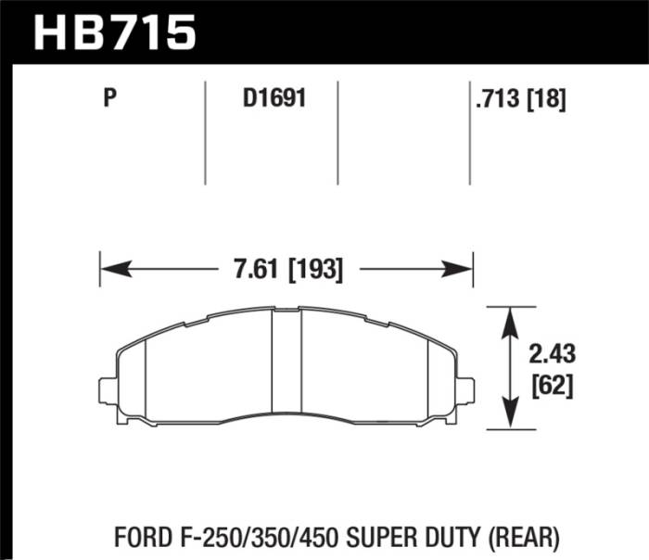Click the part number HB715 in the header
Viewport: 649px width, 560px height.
coord(115,32)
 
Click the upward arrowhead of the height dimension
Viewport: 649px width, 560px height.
coord(509,320)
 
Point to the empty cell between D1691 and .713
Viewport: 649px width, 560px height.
coord(404,130)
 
